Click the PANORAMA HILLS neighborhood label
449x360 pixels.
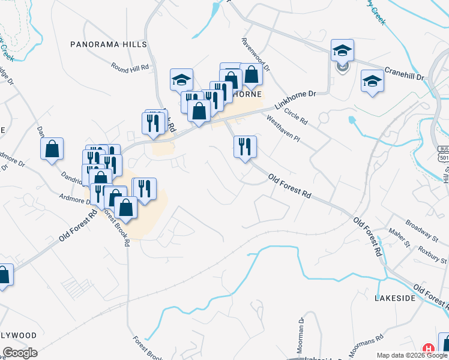(x=109, y=44)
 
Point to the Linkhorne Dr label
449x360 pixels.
(x=295, y=100)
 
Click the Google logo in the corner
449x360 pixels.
(x=19, y=353)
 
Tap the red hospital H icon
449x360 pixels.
(x=429, y=348)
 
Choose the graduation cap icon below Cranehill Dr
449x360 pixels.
(x=372, y=82)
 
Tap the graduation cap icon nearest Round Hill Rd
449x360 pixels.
(x=181, y=79)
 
